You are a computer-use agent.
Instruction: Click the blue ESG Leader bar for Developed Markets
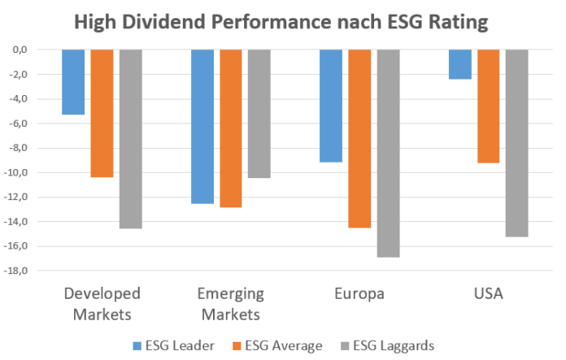point(73,81)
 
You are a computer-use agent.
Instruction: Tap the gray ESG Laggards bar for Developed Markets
point(131,138)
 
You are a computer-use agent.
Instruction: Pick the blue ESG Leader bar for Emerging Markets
point(202,126)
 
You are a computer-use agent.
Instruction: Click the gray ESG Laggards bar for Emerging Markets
point(259,113)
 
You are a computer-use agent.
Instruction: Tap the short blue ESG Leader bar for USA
point(459,64)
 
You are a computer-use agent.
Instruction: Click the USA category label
point(488,293)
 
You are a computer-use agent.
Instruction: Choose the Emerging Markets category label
point(231,303)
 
